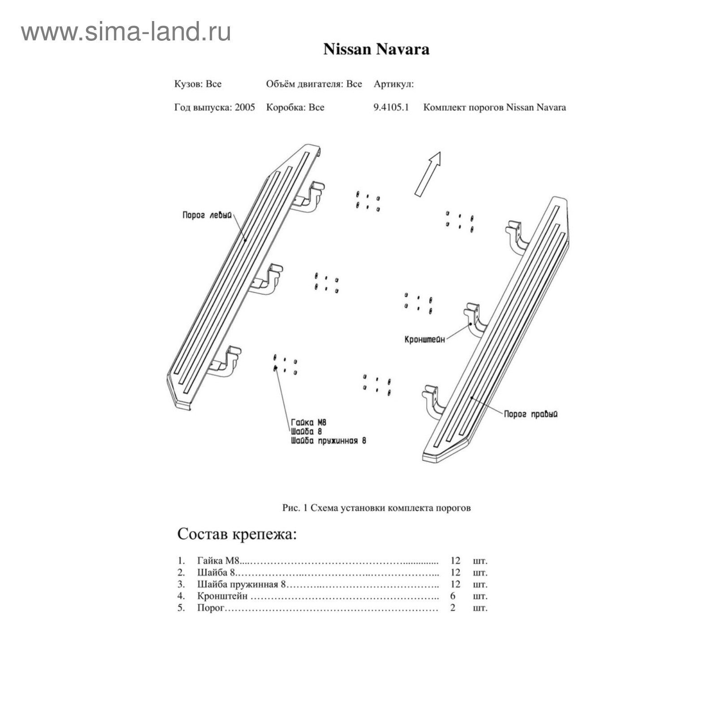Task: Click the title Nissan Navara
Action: tap(376, 49)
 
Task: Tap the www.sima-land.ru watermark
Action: tap(126, 32)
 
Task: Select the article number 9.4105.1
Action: tap(391, 108)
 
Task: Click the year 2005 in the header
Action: tap(245, 108)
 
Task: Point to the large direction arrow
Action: tap(428, 174)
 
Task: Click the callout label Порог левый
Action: tap(207, 215)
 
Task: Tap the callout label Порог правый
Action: tap(531, 414)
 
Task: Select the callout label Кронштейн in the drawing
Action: tap(425, 340)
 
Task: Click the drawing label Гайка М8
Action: tap(309, 422)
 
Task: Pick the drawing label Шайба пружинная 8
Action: tap(328, 441)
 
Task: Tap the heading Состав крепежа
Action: tap(237, 534)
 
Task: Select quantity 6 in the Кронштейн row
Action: tap(453, 596)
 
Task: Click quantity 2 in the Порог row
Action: tap(453, 608)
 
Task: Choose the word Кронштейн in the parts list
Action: tap(222, 596)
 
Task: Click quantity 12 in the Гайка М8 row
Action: tap(455, 561)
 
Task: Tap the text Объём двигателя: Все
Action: tap(314, 84)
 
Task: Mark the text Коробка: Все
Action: tap(295, 108)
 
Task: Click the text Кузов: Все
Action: tap(198, 84)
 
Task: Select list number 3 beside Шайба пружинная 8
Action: tap(181, 584)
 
